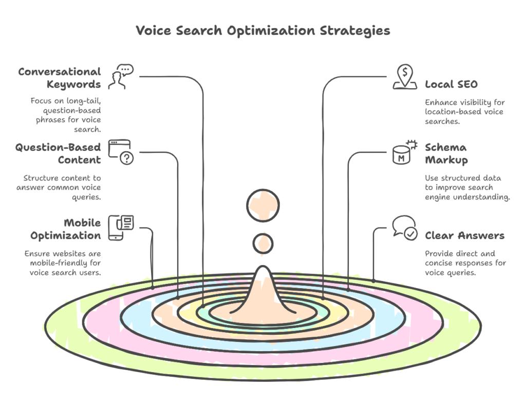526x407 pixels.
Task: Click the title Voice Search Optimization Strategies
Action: click(x=262, y=31)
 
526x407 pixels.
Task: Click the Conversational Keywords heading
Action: click(x=60, y=78)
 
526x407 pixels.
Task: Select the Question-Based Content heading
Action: click(x=58, y=154)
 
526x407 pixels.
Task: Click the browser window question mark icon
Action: click(x=121, y=152)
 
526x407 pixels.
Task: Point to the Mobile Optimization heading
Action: click(x=65, y=229)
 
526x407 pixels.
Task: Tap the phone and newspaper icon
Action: click(x=121, y=227)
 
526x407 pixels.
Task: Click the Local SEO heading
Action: click(x=451, y=85)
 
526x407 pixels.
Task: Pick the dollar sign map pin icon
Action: click(x=404, y=77)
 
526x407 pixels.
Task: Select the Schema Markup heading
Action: click(x=446, y=154)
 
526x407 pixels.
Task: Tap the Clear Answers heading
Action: click(x=464, y=236)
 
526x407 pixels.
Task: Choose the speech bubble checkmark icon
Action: click(x=404, y=228)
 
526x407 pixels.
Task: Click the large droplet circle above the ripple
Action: click(x=263, y=207)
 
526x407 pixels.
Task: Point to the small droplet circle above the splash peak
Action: click(x=263, y=243)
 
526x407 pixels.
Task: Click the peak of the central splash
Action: click(x=263, y=271)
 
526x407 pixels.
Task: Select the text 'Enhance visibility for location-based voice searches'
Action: click(x=464, y=111)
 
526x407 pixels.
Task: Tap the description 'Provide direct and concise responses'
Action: click(x=465, y=263)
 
